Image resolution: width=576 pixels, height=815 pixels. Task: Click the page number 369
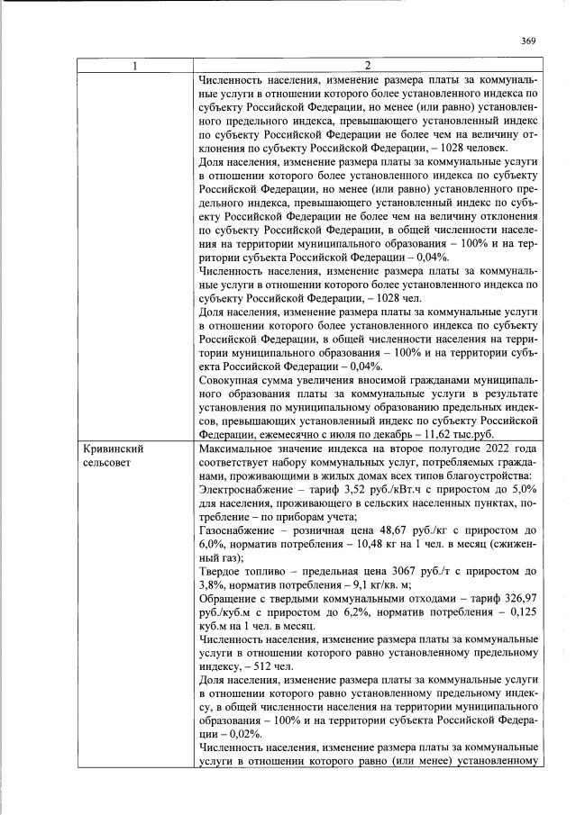point(528,41)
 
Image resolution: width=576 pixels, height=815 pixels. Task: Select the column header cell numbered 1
point(136,65)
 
